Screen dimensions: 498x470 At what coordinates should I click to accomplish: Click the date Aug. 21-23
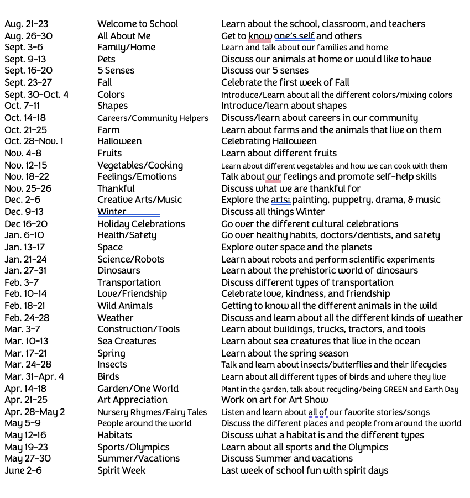pos(26,24)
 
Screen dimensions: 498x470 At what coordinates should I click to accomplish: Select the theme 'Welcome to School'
pos(138,24)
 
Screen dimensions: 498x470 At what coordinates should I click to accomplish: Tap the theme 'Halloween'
pos(119,141)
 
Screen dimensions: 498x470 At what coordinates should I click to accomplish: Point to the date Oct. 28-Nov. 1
pos(34,141)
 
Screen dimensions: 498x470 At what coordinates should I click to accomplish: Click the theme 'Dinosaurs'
pos(119,271)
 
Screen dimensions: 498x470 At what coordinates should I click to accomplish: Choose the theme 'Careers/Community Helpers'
pos(153,118)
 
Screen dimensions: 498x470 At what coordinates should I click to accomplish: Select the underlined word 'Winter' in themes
pos(112,212)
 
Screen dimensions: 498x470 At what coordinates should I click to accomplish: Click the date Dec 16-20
pos(26,224)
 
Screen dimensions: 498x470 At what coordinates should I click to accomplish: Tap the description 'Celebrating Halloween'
pos(269,141)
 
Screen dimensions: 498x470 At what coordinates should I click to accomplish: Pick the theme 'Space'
pos(110,248)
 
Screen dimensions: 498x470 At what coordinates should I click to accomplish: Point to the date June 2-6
pos(23,471)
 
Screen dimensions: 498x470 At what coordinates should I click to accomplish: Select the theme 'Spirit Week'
pos(122,471)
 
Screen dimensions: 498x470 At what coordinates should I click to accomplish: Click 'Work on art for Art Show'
pos(274,400)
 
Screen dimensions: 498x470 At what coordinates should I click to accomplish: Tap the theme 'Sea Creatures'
pos(127,341)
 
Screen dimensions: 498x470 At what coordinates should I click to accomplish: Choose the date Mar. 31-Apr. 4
pos(34,377)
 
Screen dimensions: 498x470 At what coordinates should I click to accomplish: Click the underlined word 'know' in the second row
pos(259,36)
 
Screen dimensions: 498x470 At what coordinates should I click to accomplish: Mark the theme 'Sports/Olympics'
pos(133,447)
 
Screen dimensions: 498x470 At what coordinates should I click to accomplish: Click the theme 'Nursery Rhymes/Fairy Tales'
pos(152,412)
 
